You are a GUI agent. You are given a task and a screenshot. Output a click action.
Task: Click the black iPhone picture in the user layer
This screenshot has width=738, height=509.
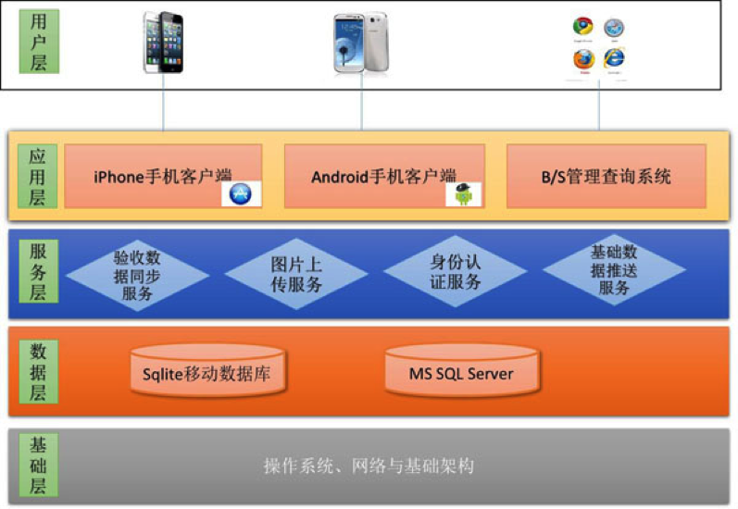pos(163,42)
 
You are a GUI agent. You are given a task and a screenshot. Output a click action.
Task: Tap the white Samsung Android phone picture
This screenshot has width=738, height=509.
pos(361,43)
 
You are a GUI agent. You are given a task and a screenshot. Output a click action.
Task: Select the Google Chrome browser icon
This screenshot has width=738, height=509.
pos(582,29)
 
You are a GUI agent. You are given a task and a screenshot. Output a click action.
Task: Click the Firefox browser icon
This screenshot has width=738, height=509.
pos(582,58)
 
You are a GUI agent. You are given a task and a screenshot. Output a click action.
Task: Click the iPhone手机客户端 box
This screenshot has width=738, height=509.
pos(163,175)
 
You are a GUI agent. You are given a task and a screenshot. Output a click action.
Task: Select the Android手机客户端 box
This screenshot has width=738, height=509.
pos(384,175)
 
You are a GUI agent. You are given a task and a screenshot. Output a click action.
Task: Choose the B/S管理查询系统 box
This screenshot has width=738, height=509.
pos(607,175)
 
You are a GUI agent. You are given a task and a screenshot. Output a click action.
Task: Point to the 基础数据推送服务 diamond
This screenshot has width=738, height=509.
pos(614,269)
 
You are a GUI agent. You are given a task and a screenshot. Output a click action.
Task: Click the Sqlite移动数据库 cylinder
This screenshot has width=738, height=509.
pos(207,373)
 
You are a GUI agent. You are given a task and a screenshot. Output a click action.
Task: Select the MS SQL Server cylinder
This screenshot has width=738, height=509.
pos(461,373)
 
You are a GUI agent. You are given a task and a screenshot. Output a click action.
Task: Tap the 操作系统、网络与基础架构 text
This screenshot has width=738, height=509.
pos(369,466)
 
